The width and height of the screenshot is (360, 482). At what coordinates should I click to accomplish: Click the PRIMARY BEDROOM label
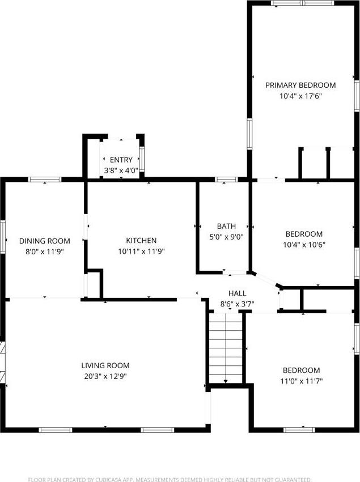(300, 85)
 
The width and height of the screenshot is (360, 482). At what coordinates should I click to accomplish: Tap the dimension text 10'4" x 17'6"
(300, 96)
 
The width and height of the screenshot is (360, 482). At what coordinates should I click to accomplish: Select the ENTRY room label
(121, 160)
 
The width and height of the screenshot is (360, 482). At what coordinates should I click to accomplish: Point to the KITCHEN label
(141, 241)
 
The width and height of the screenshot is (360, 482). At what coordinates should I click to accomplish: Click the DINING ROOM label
(45, 241)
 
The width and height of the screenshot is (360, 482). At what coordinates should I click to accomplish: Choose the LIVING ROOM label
(105, 365)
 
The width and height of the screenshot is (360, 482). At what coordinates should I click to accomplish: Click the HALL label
(237, 293)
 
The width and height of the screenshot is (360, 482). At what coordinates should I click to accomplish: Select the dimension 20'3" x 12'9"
(105, 376)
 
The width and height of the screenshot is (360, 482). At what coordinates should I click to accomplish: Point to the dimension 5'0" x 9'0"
(226, 237)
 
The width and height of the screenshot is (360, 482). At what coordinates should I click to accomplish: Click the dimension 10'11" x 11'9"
(141, 251)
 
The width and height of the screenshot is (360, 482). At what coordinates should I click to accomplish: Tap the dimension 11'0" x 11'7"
(302, 381)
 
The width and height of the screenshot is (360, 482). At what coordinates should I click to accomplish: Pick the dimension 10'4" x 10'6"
(304, 245)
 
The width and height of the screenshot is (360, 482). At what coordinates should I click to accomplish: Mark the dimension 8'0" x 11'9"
(45, 251)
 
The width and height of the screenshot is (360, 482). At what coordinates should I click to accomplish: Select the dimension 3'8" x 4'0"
(121, 170)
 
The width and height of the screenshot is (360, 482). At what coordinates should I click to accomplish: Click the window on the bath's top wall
(226, 180)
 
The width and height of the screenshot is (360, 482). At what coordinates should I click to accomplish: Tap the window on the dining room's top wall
(45, 180)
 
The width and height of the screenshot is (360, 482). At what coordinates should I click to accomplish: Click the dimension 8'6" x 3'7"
(237, 304)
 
